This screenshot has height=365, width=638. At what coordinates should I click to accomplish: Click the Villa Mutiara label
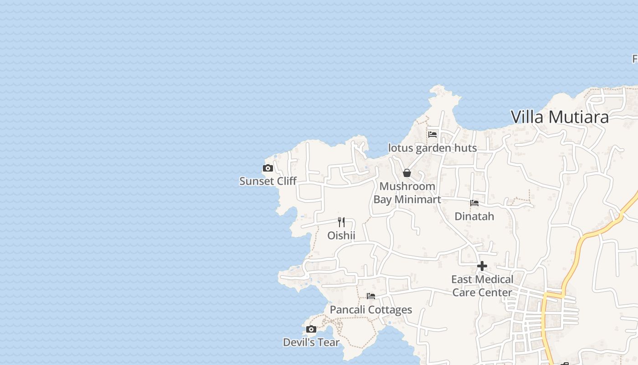[x=560, y=117]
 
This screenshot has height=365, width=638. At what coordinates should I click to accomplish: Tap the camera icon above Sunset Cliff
[x=268, y=168]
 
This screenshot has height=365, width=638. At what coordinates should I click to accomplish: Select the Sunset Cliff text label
[x=268, y=181]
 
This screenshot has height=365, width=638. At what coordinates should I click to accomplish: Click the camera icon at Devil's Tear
[x=311, y=329]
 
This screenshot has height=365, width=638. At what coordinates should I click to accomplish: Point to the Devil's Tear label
[x=311, y=342]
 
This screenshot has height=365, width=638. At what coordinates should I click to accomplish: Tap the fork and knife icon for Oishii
[x=341, y=222]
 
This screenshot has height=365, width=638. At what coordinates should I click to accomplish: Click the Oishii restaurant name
[x=341, y=235]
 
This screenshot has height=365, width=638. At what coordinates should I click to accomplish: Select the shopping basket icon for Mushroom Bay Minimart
[x=407, y=173]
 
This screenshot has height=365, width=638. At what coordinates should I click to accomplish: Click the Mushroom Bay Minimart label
[x=407, y=193]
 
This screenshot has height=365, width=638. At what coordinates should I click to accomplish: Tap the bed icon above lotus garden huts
[x=432, y=135]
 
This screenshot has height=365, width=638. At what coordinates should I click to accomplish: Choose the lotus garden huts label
[x=432, y=148]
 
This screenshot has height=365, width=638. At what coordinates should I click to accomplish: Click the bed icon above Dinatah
[x=474, y=203]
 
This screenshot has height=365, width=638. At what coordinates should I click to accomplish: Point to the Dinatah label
[x=474, y=216]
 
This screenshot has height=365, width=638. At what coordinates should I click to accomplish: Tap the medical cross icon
[x=482, y=266]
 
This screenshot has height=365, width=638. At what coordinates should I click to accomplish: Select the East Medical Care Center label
[x=482, y=286]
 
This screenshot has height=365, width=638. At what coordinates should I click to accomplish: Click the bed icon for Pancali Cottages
[x=371, y=296]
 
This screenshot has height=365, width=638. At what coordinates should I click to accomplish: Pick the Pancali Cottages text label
[x=371, y=310]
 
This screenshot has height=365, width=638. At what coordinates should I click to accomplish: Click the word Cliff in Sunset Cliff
[x=284, y=181]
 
